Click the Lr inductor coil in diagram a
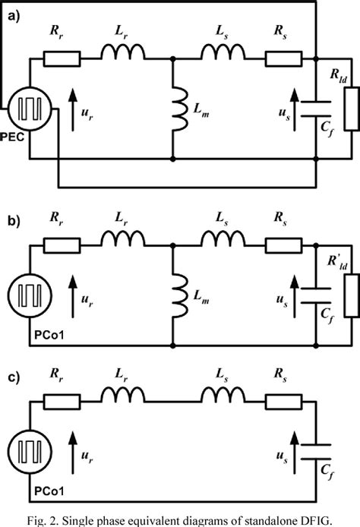123,53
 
